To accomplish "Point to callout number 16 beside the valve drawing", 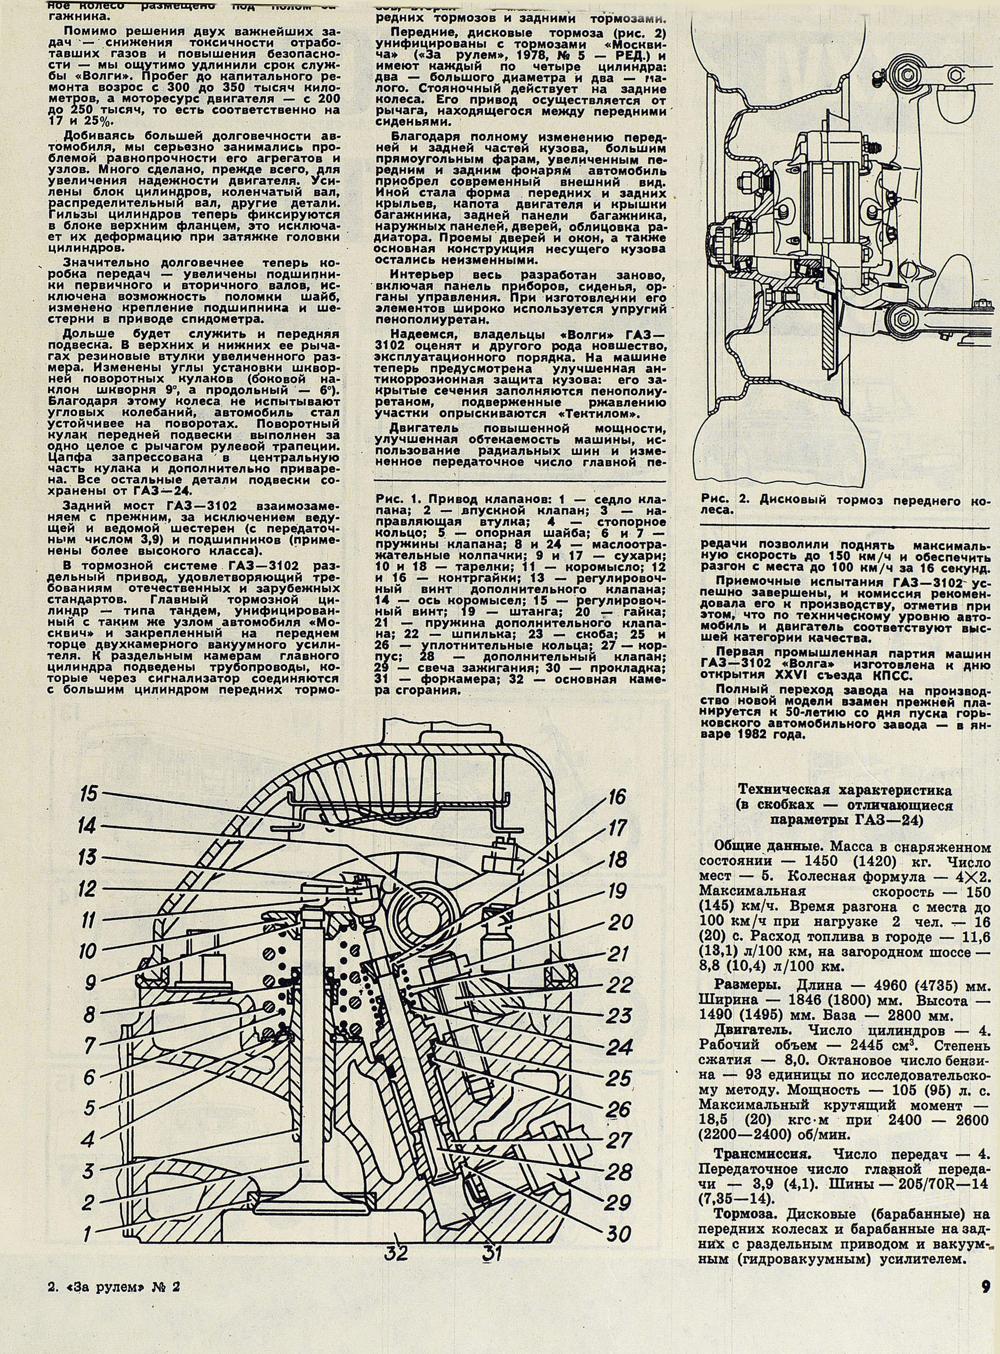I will point(615,797).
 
